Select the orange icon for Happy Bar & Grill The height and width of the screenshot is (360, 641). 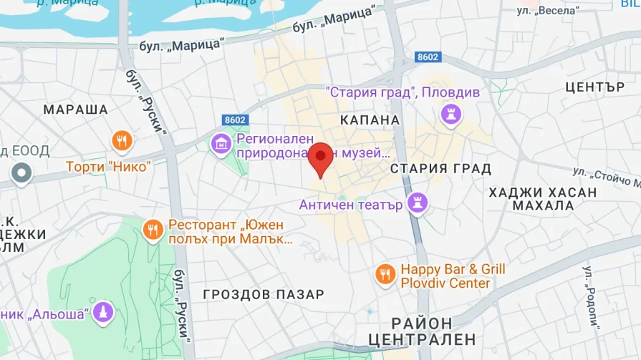(385, 273)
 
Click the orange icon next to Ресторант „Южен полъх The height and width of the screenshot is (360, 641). (152, 230)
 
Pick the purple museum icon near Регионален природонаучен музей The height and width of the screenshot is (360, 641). (221, 143)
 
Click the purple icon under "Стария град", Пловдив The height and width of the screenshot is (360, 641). (451, 113)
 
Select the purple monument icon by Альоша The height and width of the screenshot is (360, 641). (104, 311)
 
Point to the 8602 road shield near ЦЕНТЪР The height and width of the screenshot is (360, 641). (428, 57)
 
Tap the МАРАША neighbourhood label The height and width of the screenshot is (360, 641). (75, 110)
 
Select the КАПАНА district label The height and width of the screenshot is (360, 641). (370, 120)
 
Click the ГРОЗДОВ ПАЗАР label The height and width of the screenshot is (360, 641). (264, 294)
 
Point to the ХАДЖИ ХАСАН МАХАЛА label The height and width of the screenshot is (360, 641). (542, 199)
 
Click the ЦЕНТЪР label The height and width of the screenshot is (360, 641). (595, 87)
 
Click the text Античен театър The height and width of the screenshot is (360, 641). (351, 205)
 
